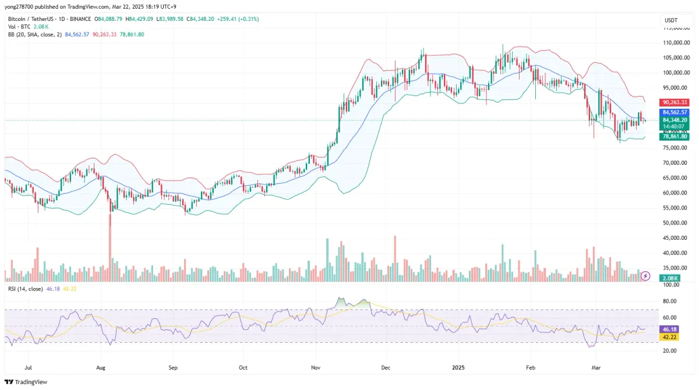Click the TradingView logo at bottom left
click(27, 382)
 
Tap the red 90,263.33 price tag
click(674, 102)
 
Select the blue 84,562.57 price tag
click(674, 112)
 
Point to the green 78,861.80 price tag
click(674, 136)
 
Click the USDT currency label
click(671, 21)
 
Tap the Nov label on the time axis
click(316, 368)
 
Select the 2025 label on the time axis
click(458, 368)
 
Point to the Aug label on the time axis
click(100, 368)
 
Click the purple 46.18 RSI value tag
click(667, 329)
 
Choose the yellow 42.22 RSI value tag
click(667, 336)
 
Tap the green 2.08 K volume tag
click(667, 278)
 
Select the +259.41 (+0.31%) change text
click(238, 19)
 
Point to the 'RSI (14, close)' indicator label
click(25, 289)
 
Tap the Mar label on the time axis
click(595, 368)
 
